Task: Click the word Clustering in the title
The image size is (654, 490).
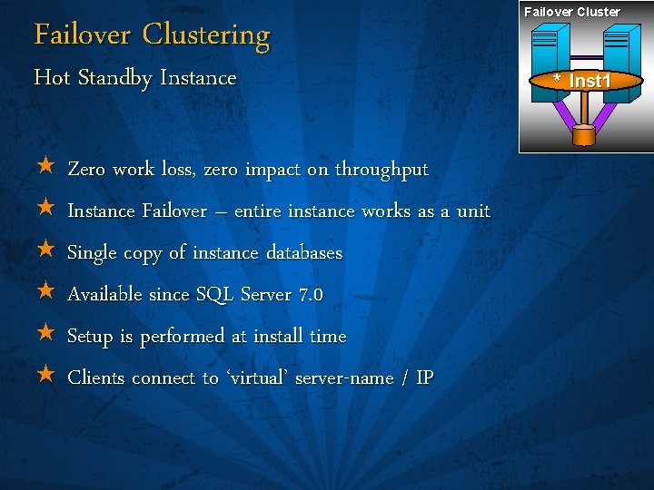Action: tap(206, 35)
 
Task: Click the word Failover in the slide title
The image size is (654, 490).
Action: tap(84, 35)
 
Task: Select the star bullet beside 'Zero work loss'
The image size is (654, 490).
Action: tap(46, 168)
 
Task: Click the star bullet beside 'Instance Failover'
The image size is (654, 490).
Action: tap(46, 210)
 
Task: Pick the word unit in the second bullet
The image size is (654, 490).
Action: tap(473, 211)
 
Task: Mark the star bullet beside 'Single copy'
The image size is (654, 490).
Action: tap(46, 251)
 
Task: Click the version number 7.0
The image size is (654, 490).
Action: tap(311, 295)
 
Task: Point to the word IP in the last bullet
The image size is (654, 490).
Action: tap(424, 377)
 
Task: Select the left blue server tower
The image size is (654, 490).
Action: tap(550, 50)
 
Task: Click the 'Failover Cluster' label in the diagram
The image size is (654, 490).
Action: tap(571, 12)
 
